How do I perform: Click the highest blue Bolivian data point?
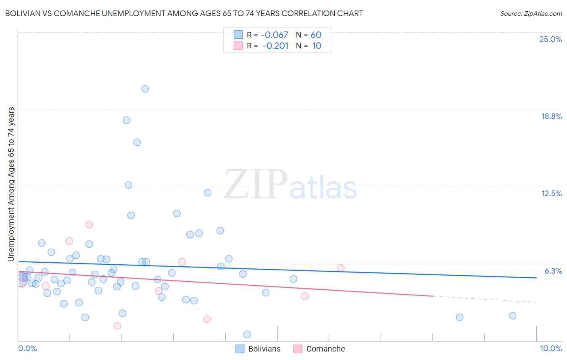pyautogui.click(x=145, y=89)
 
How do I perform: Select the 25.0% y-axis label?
pyautogui.click(x=550, y=39)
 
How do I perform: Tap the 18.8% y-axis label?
pyautogui.click(x=551, y=116)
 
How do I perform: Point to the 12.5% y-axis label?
pyautogui.click(x=551, y=193)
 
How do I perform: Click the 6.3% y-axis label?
pyautogui.click(x=553, y=271)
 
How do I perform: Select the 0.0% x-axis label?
pyautogui.click(x=27, y=348)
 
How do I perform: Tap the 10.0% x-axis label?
pyautogui.click(x=550, y=348)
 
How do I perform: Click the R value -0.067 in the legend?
pyautogui.click(x=275, y=35)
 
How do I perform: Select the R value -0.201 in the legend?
pyautogui.click(x=275, y=46)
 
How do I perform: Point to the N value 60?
pyautogui.click(x=316, y=35)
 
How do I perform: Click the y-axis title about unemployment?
pyautogui.click(x=11, y=184)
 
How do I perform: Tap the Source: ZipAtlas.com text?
pyautogui.click(x=531, y=14)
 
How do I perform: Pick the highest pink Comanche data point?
pyautogui.click(x=89, y=224)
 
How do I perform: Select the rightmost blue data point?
pyautogui.click(x=513, y=316)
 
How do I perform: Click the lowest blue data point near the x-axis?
pyautogui.click(x=247, y=334)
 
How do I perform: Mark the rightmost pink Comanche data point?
pyautogui.click(x=341, y=268)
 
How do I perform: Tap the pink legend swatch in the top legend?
pyautogui.click(x=238, y=46)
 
